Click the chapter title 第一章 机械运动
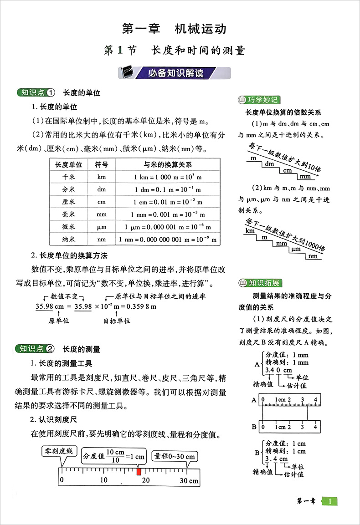pos(175,29)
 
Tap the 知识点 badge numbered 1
pos(36,92)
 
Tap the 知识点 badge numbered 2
pos(36,349)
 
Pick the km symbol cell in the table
pos(101,177)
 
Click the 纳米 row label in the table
pos(68,239)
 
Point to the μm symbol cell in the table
pos(101,226)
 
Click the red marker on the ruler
pos(139,472)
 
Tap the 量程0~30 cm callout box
pos(174,456)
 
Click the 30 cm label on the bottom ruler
pos(188,480)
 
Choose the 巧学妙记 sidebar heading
pos(259,100)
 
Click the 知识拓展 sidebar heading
pos(259,283)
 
